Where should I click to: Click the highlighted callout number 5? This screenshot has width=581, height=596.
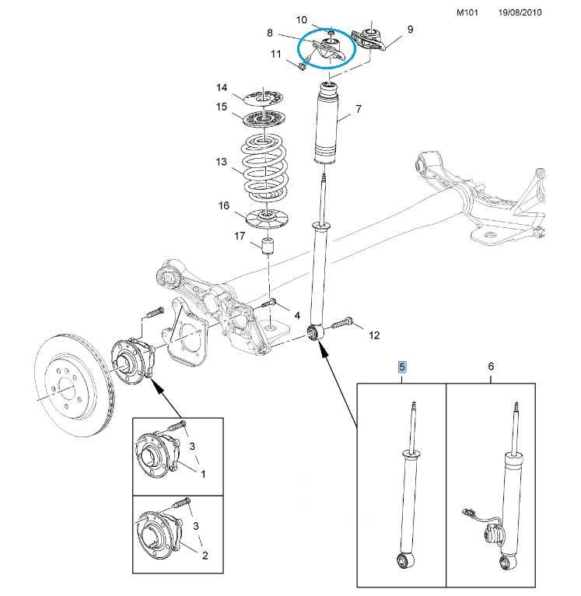click(x=402, y=367)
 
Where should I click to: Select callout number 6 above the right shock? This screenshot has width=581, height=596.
click(x=491, y=366)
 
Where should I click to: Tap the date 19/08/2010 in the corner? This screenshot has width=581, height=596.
click(x=520, y=12)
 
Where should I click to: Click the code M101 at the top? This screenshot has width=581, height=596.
click(x=467, y=12)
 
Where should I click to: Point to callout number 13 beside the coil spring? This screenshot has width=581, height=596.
click(x=221, y=163)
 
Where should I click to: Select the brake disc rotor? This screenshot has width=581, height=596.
click(x=73, y=385)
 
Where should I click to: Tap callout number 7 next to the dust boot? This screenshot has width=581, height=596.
click(x=359, y=109)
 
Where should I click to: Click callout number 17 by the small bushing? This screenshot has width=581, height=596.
click(x=240, y=236)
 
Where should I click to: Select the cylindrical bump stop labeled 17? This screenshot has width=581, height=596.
click(x=268, y=246)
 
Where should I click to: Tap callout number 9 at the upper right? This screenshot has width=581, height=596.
click(x=410, y=30)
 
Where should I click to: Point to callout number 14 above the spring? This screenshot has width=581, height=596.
click(x=222, y=88)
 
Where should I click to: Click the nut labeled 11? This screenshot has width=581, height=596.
click(x=302, y=67)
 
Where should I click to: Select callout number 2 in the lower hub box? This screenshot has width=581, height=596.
click(x=205, y=556)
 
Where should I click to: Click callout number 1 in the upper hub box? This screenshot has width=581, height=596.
click(x=203, y=474)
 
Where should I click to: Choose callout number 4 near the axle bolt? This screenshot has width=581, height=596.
click(x=297, y=315)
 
